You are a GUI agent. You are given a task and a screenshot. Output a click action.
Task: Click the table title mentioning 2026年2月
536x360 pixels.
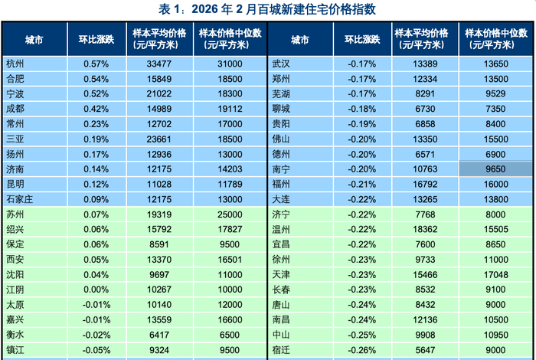267,9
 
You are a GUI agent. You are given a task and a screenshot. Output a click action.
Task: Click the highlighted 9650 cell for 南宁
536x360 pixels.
496,169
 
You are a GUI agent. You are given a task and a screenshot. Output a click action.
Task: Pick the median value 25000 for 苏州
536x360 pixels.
230,214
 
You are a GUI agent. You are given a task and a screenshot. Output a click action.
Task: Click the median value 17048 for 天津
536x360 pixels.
496,274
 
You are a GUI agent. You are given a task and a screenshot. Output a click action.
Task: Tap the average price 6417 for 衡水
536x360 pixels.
161,335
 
